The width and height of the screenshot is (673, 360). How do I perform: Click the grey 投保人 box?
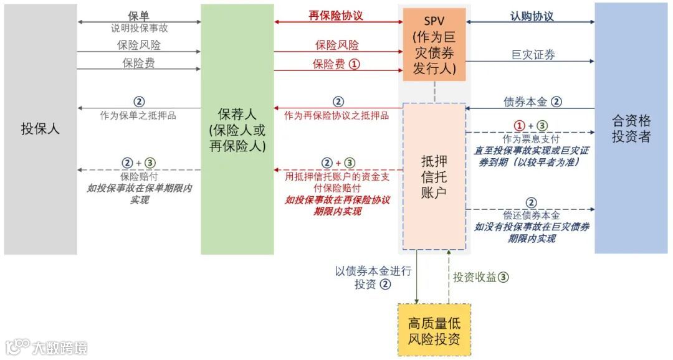41,130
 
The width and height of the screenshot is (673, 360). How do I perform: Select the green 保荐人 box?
237,130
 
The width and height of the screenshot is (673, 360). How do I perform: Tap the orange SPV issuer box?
434,45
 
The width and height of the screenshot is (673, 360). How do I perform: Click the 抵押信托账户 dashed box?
434,176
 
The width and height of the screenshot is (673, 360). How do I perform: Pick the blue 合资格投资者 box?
631,128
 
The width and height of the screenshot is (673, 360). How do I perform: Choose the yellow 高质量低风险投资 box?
434,331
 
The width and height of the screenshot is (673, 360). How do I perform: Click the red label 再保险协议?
336,16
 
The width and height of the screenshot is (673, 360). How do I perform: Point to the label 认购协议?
532,16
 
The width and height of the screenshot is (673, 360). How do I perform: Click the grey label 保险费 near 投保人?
139,63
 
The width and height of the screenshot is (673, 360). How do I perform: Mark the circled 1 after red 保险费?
354,64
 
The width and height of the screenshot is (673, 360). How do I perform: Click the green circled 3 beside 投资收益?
503,278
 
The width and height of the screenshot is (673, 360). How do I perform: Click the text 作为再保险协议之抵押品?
336,115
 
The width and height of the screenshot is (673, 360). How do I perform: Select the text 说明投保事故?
139,28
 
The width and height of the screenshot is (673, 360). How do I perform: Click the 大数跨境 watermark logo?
47,346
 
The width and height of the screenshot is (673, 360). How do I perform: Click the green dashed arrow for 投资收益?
448,277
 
